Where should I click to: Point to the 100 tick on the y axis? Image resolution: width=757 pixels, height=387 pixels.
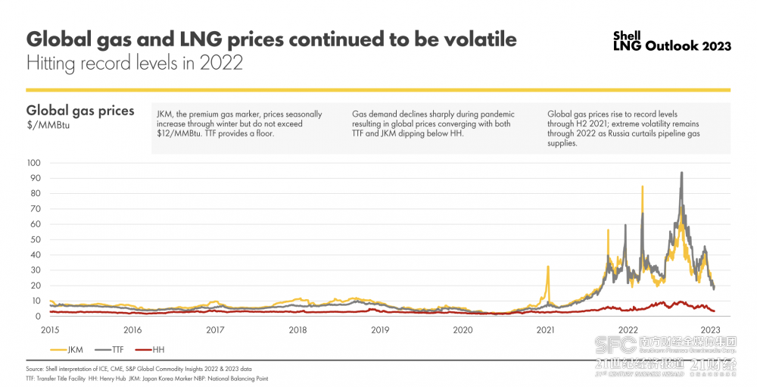pyautogui.click(x=33, y=163)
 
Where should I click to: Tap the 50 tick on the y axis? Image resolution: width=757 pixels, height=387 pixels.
pyautogui.click(x=34, y=239)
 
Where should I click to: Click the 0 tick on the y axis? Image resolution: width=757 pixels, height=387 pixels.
pyautogui.click(x=37, y=317)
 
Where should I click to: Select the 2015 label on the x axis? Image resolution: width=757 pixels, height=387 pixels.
pyautogui.click(x=51, y=329)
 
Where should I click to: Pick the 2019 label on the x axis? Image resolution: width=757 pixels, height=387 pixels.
pyautogui.click(x=380, y=329)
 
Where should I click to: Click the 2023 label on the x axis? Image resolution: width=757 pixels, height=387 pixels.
pyautogui.click(x=710, y=329)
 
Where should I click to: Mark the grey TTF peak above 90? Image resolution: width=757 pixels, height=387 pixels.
pyautogui.click(x=682, y=173)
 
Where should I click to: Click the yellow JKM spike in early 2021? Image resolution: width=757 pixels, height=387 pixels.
pyautogui.click(x=547, y=267)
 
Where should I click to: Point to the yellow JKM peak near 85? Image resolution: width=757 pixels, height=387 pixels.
pyautogui.click(x=643, y=186)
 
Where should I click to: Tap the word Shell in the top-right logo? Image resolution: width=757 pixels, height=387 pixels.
pyautogui.click(x=627, y=35)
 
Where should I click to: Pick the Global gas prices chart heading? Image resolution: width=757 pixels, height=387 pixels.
pyautogui.click(x=80, y=111)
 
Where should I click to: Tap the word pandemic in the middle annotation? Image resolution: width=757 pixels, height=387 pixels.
pyautogui.click(x=479, y=114)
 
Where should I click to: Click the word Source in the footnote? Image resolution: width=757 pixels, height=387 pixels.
pyautogui.click(x=35, y=368)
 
